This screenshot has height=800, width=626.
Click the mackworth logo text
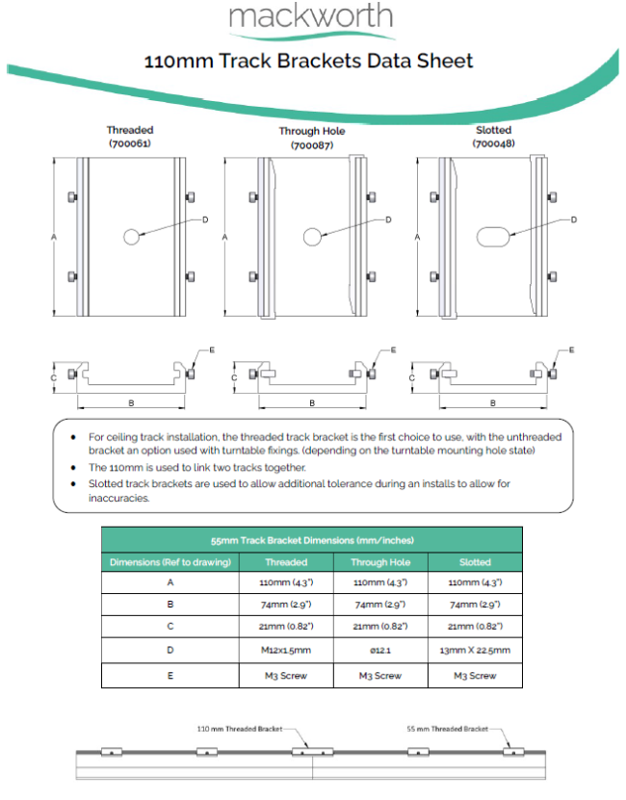click(311, 17)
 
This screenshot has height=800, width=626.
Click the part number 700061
click(130, 143)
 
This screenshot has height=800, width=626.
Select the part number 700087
click(312, 145)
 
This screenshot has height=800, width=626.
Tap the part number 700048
click(492, 143)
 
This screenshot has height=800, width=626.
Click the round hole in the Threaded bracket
click(132, 236)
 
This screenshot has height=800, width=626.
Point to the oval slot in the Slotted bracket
click(493, 235)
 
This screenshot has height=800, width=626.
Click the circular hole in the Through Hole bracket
click(312, 236)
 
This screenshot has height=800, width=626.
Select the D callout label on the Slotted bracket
click(574, 219)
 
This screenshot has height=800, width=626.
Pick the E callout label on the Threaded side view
click(212, 349)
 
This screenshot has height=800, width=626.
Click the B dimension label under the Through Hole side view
click(312, 402)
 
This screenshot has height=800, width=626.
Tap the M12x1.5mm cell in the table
click(285, 650)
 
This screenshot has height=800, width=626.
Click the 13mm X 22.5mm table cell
click(474, 650)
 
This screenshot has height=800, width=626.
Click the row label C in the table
click(170, 627)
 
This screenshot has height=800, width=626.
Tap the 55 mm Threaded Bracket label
click(447, 729)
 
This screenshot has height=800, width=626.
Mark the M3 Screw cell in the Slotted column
click(474, 675)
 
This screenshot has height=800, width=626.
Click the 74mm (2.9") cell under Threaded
click(285, 605)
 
